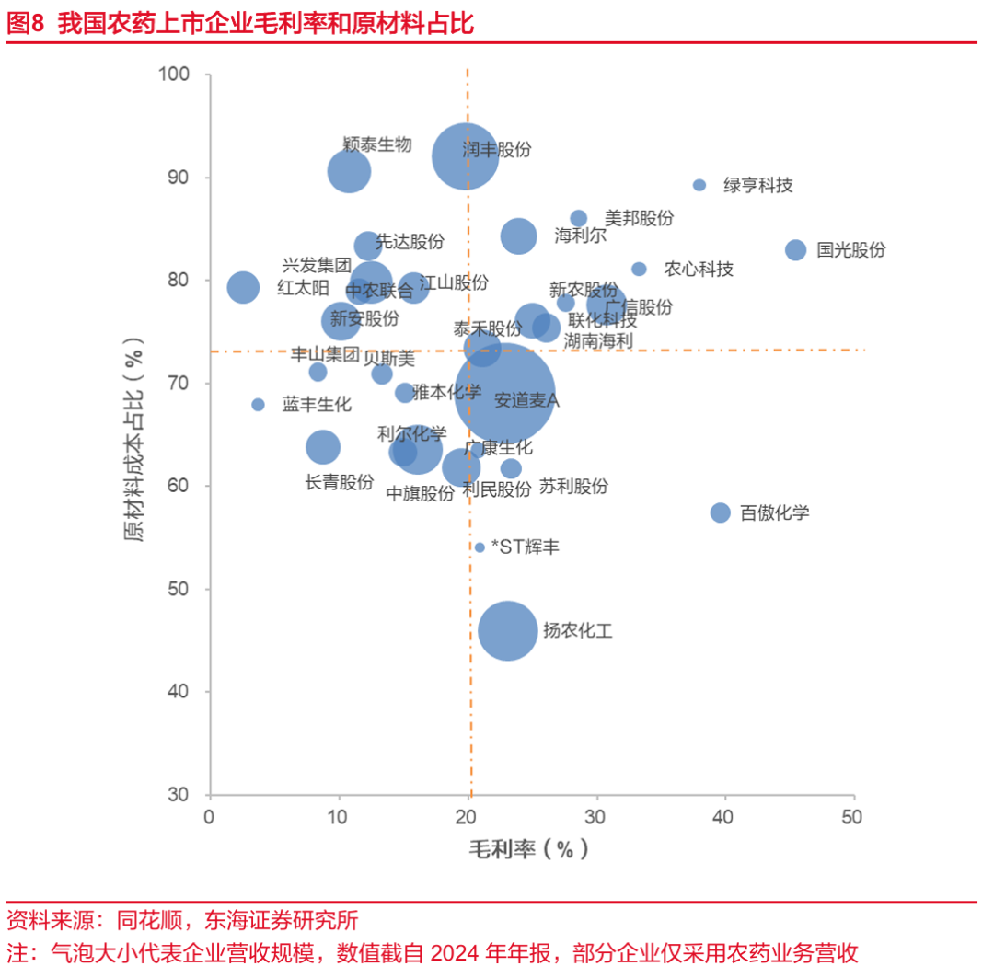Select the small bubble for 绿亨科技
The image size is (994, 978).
pos(699,185)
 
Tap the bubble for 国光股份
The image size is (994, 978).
pos(796,249)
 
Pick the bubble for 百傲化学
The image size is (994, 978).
pos(721,512)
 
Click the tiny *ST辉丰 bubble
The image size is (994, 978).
pos(480,547)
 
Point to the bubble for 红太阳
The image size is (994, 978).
pos(243,287)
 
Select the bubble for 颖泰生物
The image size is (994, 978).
pos(349,170)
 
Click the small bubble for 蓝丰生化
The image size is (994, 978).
pos(259,405)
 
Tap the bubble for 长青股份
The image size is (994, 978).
pos(322,447)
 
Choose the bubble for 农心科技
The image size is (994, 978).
pos(639,269)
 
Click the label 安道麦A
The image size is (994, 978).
pos(526,401)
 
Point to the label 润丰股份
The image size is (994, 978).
pos(497,149)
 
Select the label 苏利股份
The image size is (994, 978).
pos(573,487)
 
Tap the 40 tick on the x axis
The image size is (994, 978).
pos(726,817)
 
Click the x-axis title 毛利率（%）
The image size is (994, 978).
pos(528,848)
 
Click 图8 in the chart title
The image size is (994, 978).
pos(25,24)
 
